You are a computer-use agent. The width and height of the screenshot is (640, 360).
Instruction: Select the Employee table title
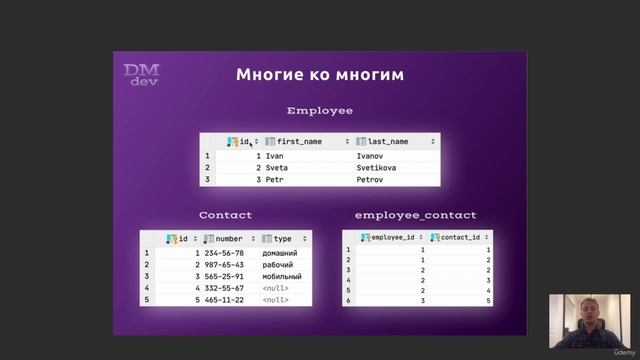tap(320, 110)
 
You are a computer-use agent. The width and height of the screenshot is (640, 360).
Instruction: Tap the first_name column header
tap(297, 142)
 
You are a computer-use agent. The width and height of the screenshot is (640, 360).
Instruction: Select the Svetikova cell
tap(376, 168)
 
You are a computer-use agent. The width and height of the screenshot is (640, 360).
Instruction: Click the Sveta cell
tap(277, 168)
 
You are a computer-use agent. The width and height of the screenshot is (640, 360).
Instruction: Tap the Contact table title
tap(225, 215)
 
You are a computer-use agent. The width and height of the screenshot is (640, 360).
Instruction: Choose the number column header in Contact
tap(227, 239)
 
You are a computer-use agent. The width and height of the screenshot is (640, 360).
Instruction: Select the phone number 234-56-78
tap(224, 253)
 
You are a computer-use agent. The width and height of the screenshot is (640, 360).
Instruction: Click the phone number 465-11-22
tap(224, 300)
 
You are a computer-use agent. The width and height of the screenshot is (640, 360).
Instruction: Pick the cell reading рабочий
tap(279, 265)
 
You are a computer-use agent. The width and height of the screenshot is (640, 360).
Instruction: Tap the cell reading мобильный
tap(282, 277)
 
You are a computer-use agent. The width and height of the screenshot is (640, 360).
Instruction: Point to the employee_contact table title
tap(415, 215)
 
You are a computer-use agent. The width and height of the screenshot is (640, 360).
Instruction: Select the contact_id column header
tap(459, 238)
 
